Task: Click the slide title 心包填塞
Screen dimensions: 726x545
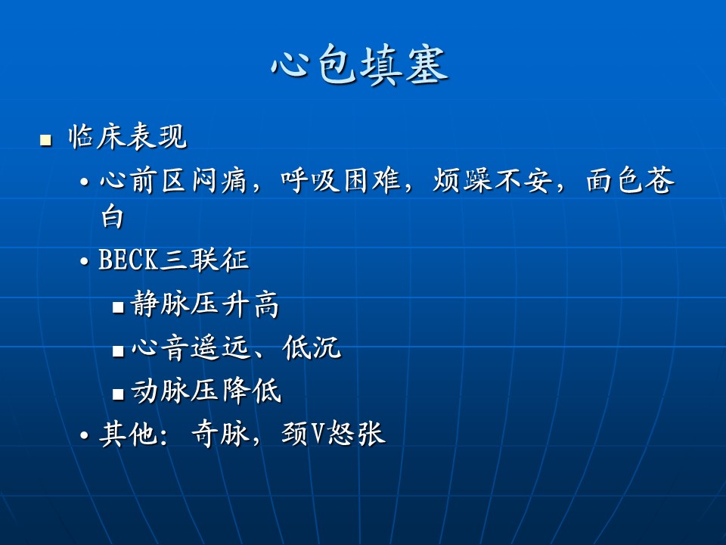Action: click(359, 65)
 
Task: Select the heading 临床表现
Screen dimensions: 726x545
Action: click(128, 137)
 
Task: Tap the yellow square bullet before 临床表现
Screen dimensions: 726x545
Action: click(45, 140)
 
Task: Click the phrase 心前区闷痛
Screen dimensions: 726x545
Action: click(173, 180)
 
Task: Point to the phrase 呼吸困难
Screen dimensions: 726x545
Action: click(340, 180)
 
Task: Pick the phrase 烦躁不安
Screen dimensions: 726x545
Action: click(492, 180)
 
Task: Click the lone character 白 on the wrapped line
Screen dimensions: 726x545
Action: click(113, 217)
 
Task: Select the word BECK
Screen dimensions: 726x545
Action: click(129, 260)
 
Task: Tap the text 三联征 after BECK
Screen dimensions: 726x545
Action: click(204, 260)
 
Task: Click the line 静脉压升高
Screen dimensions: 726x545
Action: click(205, 304)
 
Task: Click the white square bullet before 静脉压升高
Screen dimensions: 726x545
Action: click(118, 307)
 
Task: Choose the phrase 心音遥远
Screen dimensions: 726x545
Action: click(191, 347)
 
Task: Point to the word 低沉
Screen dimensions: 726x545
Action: click(312, 347)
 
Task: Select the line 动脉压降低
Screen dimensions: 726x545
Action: click(206, 391)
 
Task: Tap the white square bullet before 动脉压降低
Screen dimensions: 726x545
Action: click(118, 394)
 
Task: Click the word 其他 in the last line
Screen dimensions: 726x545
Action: click(129, 434)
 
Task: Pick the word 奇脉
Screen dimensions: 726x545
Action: click(220, 434)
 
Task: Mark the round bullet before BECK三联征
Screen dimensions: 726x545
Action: click(84, 262)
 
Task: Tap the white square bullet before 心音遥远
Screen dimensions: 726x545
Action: click(118, 350)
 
